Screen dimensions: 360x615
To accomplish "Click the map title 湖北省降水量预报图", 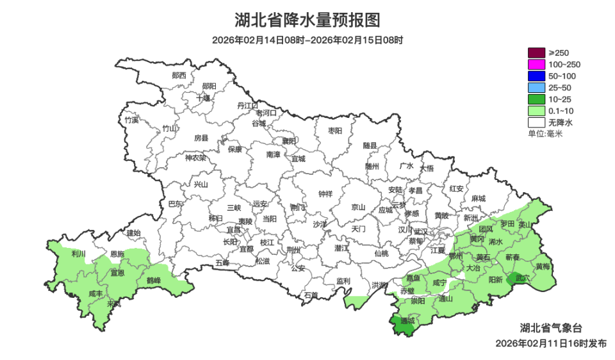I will click(x=307, y=20).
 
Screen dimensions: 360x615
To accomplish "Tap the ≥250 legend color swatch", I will click(x=536, y=53).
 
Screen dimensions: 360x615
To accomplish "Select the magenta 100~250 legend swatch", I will click(x=536, y=64).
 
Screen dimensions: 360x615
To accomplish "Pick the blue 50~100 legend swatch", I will click(x=536, y=76).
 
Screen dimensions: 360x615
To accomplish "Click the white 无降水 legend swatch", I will click(x=536, y=122).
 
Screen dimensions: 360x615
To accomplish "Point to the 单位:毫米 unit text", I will click(x=545, y=133).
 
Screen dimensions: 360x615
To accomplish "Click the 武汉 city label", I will click(x=421, y=231).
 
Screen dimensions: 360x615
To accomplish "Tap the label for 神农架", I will click(x=195, y=158).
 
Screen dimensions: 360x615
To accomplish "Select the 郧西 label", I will click(x=179, y=75).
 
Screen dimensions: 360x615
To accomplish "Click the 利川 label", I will click(x=78, y=254).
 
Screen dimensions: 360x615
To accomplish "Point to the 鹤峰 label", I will click(x=154, y=280).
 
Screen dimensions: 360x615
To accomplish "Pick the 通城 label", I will click(x=407, y=320).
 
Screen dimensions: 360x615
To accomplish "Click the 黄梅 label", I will click(x=543, y=266).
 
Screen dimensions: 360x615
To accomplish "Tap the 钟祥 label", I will click(x=325, y=194).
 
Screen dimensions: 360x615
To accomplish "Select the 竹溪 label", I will click(x=131, y=120).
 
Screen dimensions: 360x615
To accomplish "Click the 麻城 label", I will click(x=477, y=198).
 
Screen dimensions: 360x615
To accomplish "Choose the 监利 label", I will click(x=343, y=281).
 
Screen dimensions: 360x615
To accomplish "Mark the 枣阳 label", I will click(x=335, y=130).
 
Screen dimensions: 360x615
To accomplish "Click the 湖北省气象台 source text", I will click(x=551, y=327).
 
